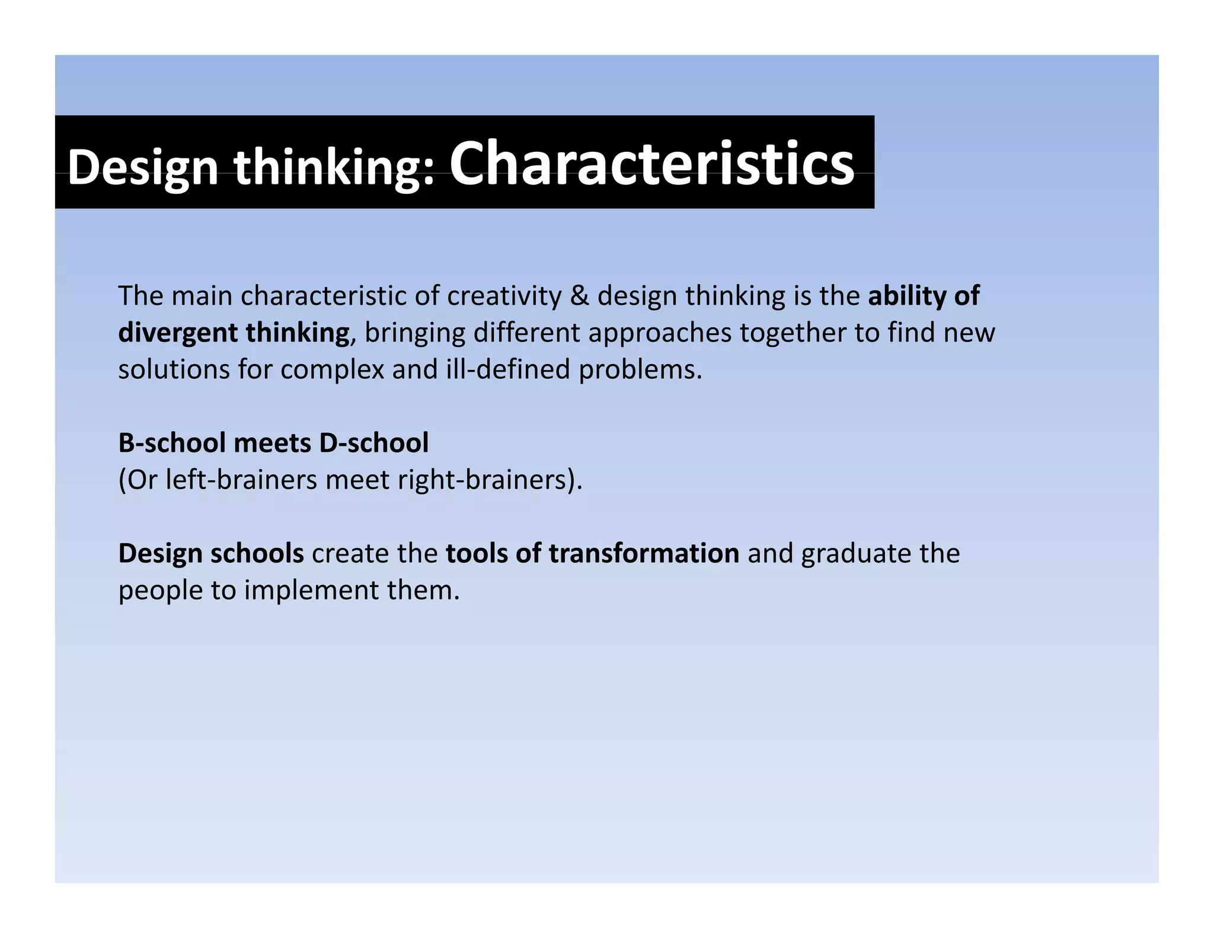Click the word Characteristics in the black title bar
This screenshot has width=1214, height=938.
[651, 164]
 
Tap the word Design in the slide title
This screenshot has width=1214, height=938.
[143, 168]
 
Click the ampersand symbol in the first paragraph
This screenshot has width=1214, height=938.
[579, 296]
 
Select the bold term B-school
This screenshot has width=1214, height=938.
[172, 443]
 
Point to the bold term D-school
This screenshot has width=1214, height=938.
[373, 443]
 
